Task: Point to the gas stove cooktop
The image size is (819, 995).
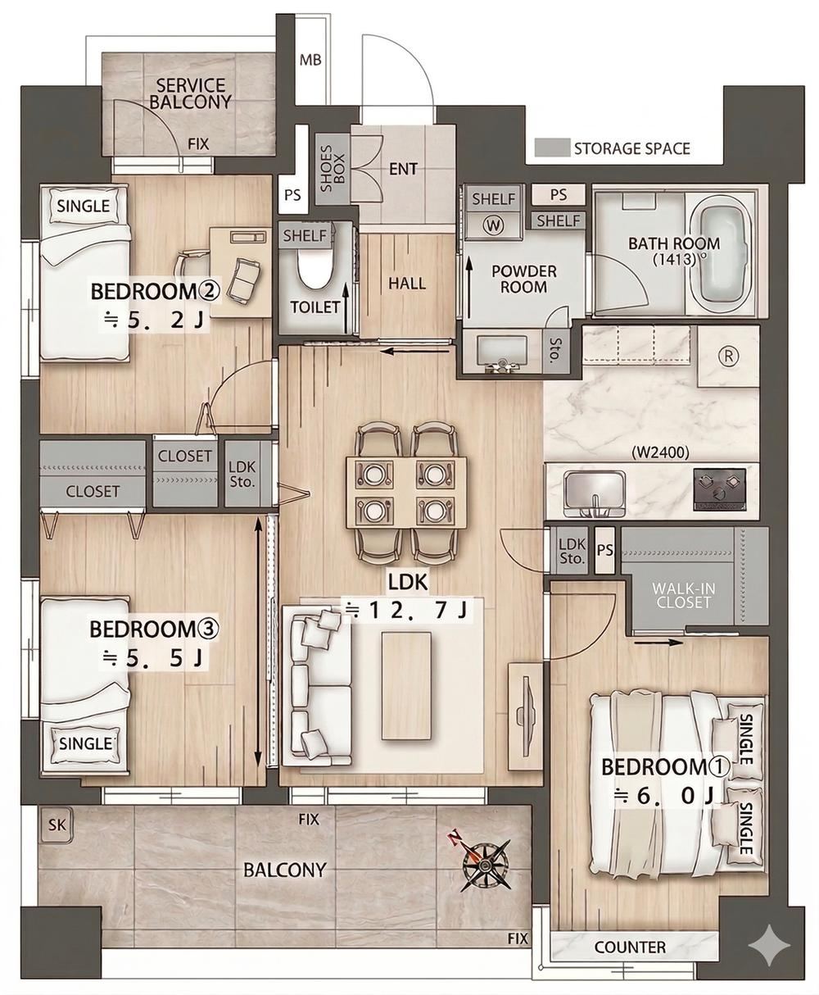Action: click(x=719, y=489)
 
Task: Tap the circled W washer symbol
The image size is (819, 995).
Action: click(x=494, y=225)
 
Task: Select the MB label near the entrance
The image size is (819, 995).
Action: click(x=310, y=61)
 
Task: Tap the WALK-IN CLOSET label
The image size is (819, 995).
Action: click(x=683, y=595)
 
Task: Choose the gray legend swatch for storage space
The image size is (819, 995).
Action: click(x=552, y=148)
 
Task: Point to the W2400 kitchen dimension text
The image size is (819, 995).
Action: click(x=660, y=452)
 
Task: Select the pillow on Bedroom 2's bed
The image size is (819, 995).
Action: click(x=84, y=207)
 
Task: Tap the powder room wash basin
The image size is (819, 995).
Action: click(x=502, y=353)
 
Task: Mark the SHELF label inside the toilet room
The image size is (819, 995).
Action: click(x=305, y=236)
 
